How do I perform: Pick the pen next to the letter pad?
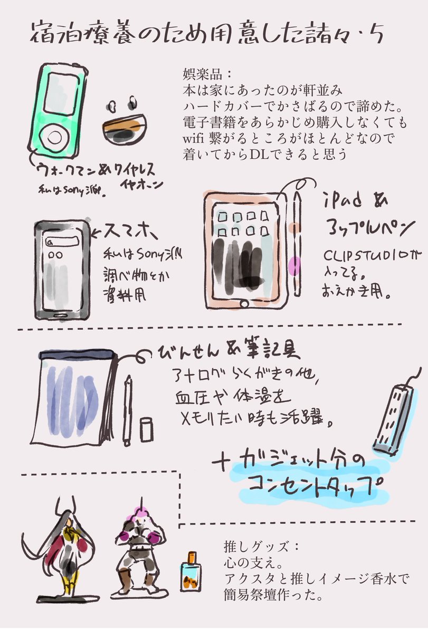(128, 409)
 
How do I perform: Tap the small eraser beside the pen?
(146, 430)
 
